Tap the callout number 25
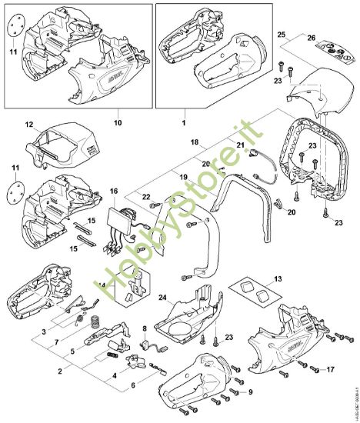[281, 35]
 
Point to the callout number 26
[312, 36]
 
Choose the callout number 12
[28, 124]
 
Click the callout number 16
[114, 191]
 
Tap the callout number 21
[240, 145]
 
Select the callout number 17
[342, 368]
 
